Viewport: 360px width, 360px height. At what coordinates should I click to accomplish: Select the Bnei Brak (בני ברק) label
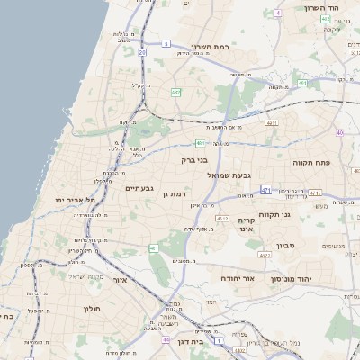point(194,160)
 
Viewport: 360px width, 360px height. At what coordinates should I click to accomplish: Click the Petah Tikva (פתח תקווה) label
point(313,164)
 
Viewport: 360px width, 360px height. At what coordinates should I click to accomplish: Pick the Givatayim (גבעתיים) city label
point(137,188)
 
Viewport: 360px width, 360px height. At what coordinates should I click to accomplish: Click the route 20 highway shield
point(142,52)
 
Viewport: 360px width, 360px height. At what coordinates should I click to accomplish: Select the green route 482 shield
point(176,92)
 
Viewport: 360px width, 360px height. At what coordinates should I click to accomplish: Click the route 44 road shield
point(166,339)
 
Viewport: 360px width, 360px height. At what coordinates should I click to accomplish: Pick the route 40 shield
point(339,132)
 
